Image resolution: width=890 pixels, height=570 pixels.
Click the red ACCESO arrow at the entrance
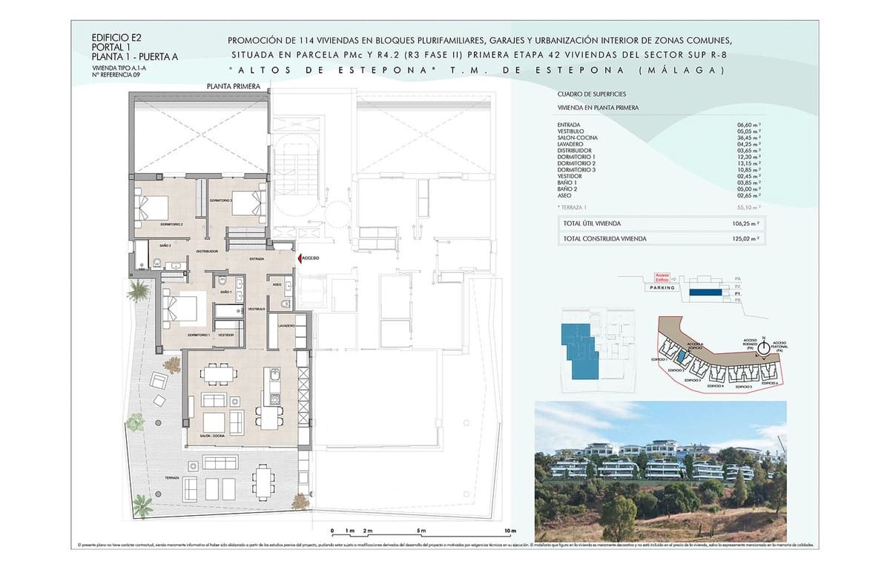coord(300,258)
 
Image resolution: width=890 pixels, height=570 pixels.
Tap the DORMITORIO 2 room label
coord(171,223)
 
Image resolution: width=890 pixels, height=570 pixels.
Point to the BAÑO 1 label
coord(226,292)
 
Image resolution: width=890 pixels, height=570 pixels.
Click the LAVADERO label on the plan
coord(287,326)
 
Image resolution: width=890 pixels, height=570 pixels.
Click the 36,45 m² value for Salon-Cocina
coord(748,137)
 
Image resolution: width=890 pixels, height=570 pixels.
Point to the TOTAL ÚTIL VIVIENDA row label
coord(592,223)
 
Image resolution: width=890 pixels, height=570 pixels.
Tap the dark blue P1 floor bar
coord(705,293)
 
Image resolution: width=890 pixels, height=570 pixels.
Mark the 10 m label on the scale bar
coord(508,531)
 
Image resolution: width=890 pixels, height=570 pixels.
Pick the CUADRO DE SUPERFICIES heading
coord(591,94)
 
